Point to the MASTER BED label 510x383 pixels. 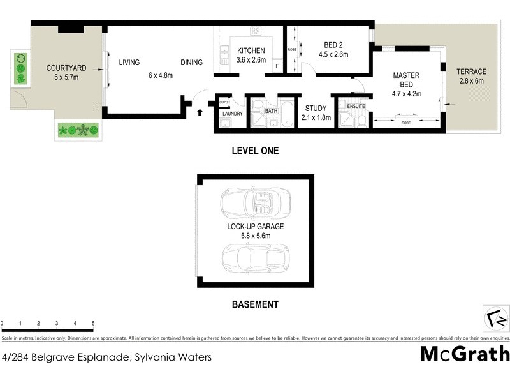tap(406, 80)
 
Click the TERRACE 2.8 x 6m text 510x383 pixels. tap(472, 76)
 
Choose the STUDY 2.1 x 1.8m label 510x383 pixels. tap(316, 112)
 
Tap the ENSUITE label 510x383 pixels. tap(356, 106)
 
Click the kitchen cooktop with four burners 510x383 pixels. tap(256, 31)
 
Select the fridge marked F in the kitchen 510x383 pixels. tap(277, 66)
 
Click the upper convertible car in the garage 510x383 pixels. tap(254, 204)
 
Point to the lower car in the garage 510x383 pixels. tap(254, 258)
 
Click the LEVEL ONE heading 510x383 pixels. tap(254, 151)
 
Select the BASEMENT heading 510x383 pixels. tap(254, 304)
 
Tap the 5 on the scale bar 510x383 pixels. tap(93, 324)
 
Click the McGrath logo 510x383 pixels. tap(465, 353)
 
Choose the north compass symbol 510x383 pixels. tap(497, 317)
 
